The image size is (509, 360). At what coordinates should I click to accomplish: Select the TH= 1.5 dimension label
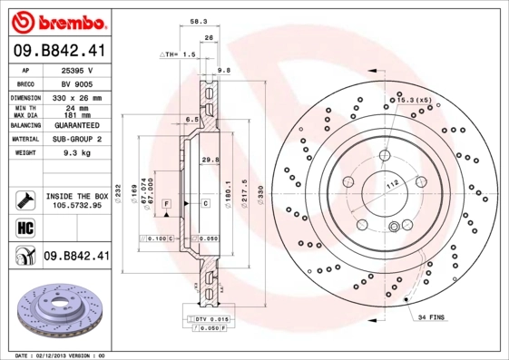pos(178,54)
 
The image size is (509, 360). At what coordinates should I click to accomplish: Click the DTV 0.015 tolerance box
pos(209,321)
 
